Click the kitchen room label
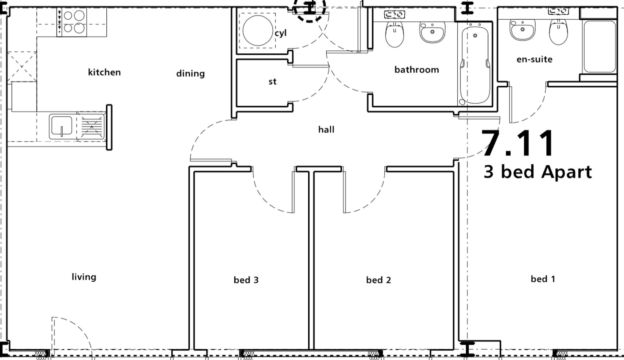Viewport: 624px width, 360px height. coord(104,72)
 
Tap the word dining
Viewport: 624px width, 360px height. coord(190,74)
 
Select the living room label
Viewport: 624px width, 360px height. coord(84,277)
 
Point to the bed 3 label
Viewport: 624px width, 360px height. coord(246,280)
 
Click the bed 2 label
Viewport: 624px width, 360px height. coord(378,280)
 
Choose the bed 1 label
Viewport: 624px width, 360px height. coord(543,279)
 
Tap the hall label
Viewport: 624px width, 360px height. coord(326,129)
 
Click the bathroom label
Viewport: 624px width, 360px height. coord(417,70)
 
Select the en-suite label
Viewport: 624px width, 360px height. coord(534,59)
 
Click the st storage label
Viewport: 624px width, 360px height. coord(272,82)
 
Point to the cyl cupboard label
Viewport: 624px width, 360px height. coord(280,33)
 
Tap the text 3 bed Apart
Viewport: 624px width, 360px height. coord(538,172)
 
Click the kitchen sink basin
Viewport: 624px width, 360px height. coord(61,126)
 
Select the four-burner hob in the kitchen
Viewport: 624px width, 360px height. coord(71,22)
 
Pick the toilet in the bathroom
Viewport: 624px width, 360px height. coord(395,34)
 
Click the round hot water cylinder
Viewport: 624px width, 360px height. coord(257,30)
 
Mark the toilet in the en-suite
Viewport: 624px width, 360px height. coord(558,32)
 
